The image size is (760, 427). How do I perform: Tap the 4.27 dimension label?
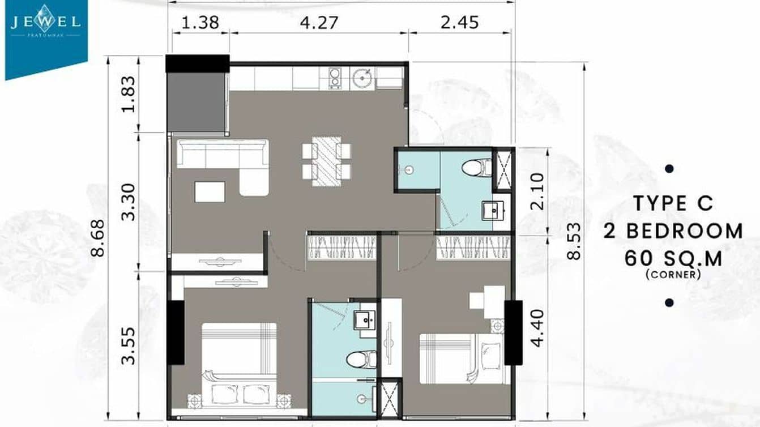pyautogui.click(x=319, y=23)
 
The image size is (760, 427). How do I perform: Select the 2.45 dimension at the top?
pyautogui.click(x=459, y=23)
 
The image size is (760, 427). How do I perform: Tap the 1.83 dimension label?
pyautogui.click(x=130, y=94)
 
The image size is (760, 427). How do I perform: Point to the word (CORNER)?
pyautogui.click(x=673, y=275)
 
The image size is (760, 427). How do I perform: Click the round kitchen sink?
pyautogui.click(x=361, y=78)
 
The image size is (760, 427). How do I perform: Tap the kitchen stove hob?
pyautogui.click(x=335, y=78)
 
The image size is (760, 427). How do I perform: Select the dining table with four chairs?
pyautogui.click(x=326, y=161)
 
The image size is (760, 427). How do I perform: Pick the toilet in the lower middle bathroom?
pyautogui.click(x=361, y=358)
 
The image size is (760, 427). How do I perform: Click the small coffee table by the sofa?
pyautogui.click(x=210, y=191)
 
